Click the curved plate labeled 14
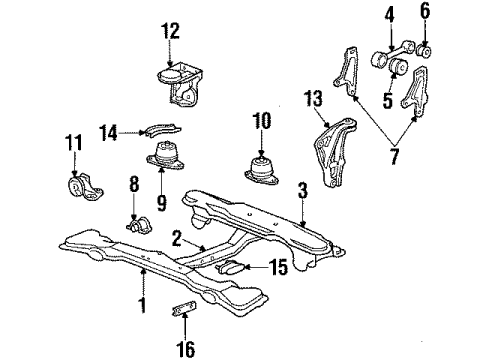[162, 128]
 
